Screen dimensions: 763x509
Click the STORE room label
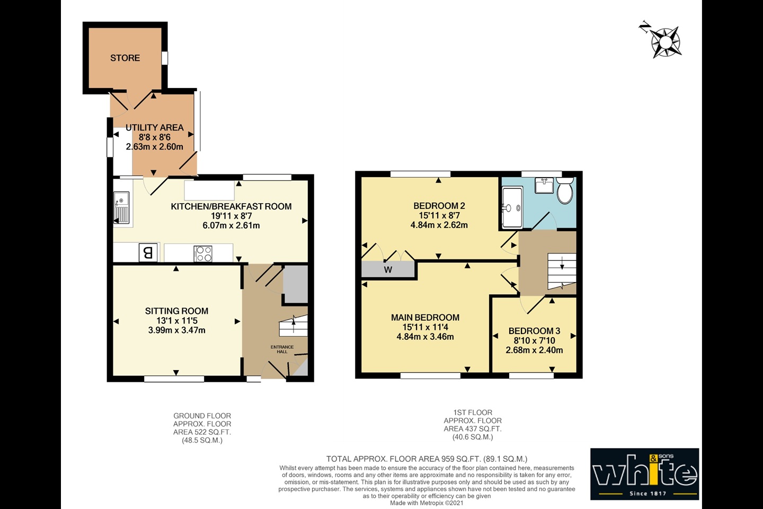coord(125,58)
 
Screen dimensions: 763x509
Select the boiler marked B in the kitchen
coord(148,252)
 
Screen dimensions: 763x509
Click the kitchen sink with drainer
coord(121,208)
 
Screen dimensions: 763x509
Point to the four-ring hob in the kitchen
coord(203,254)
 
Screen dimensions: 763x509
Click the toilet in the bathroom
coord(565,190)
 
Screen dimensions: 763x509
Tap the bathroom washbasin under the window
coord(544,185)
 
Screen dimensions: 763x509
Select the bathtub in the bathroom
coord(512,207)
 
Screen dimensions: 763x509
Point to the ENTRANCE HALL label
coord(282,349)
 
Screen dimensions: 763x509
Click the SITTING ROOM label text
coord(176,311)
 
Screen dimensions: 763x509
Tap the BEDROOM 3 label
coord(534,331)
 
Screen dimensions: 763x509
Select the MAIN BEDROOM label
coord(425,318)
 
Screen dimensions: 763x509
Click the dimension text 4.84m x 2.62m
coord(439,225)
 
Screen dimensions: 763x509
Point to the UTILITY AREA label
coord(154,127)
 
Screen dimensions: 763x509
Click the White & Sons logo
coord(644,474)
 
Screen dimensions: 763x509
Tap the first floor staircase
coord(562,271)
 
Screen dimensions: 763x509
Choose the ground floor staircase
coord(294,326)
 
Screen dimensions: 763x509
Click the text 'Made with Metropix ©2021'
coord(427,503)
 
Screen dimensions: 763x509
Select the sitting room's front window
coord(174,379)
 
